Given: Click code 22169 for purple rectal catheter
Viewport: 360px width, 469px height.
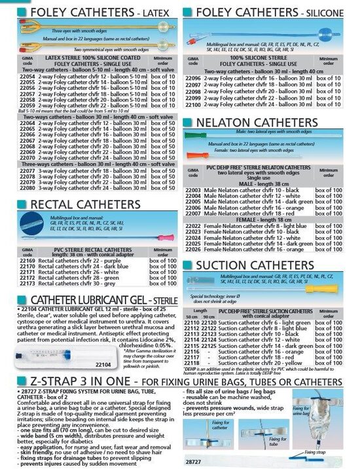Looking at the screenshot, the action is coord(26,261).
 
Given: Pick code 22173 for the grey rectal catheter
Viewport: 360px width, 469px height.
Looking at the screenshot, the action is coord(26,284).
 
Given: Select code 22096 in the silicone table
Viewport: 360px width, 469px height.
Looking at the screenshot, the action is coord(193,77).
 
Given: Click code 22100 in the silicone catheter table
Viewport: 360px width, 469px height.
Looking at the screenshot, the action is coord(193,103).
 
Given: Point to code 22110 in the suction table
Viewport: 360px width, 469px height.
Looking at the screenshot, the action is coord(193,323).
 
